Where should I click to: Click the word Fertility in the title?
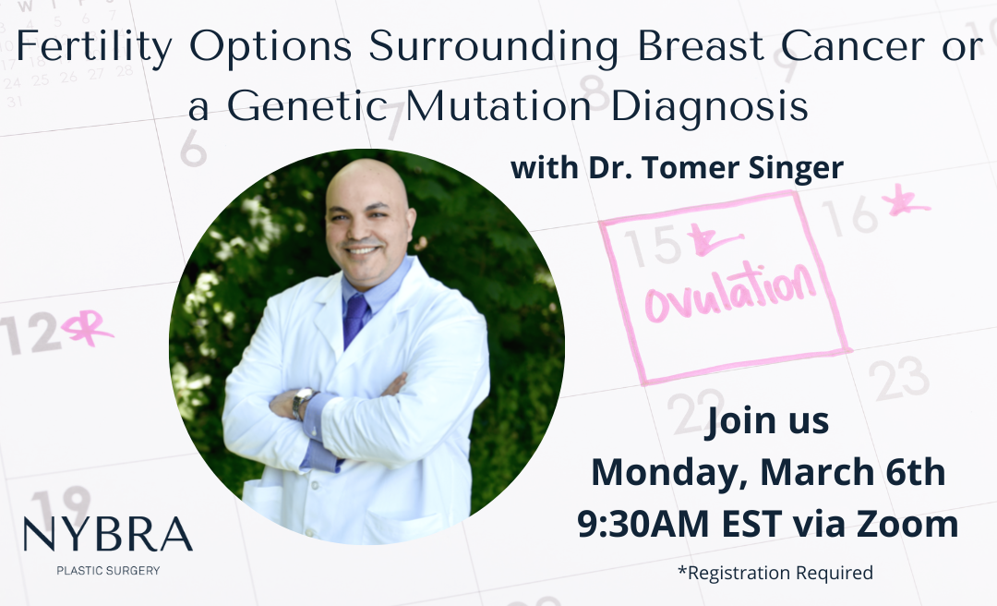pyautogui.click(x=94, y=47)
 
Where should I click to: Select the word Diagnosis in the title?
pyautogui.click(x=709, y=106)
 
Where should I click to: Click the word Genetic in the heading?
pyautogui.click(x=307, y=105)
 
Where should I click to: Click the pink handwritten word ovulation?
pyautogui.click(x=730, y=293)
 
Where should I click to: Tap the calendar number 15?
pyautogui.click(x=653, y=246)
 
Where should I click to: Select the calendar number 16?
pyautogui.click(x=849, y=216)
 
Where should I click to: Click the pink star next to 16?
pyautogui.click(x=905, y=200)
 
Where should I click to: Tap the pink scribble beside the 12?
pyautogui.click(x=87, y=329)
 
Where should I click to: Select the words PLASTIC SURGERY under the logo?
pyautogui.click(x=108, y=570)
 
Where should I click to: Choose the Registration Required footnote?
pyautogui.click(x=775, y=573)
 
